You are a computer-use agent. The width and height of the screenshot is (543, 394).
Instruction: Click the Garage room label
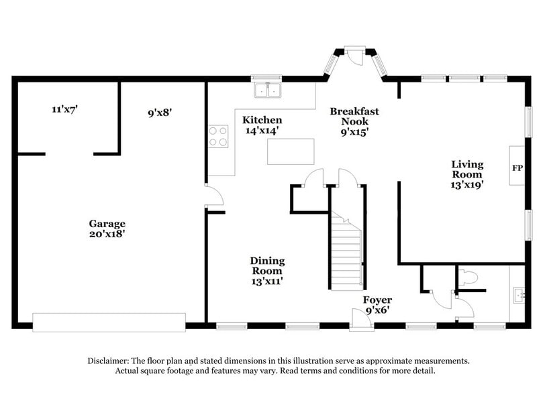point(107,223)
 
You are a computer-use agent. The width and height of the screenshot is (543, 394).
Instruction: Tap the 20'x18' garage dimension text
point(107,234)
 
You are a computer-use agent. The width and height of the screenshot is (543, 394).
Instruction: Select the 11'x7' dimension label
point(64,109)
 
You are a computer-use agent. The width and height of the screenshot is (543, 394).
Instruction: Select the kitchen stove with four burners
point(218,136)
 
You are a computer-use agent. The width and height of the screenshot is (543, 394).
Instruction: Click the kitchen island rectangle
point(291,151)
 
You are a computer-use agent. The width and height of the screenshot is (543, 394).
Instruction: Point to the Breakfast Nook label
point(354,116)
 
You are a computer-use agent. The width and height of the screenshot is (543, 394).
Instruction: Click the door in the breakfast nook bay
point(355,57)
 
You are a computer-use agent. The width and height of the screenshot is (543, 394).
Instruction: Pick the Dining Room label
point(267,265)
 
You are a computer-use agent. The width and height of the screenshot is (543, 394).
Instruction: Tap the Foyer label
point(377,300)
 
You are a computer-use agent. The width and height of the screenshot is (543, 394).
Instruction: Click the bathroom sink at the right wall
point(518,293)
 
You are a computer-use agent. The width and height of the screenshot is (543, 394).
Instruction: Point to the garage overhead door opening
point(109,322)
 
